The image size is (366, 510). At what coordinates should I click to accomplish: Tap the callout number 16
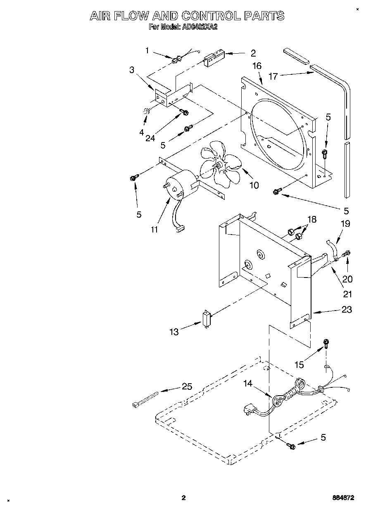click(257, 66)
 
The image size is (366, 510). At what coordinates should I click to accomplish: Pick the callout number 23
click(347, 309)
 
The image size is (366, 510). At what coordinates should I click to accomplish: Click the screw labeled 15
click(326, 343)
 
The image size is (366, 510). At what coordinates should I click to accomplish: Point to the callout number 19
click(345, 223)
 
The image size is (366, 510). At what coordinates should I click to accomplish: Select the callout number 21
click(348, 294)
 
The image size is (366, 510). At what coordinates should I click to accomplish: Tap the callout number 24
click(150, 138)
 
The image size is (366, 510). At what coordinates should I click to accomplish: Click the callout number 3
click(132, 70)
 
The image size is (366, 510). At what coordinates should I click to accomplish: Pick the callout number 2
click(253, 53)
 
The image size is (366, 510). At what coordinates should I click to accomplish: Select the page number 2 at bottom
click(184, 498)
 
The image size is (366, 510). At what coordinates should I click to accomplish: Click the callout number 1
click(147, 51)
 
